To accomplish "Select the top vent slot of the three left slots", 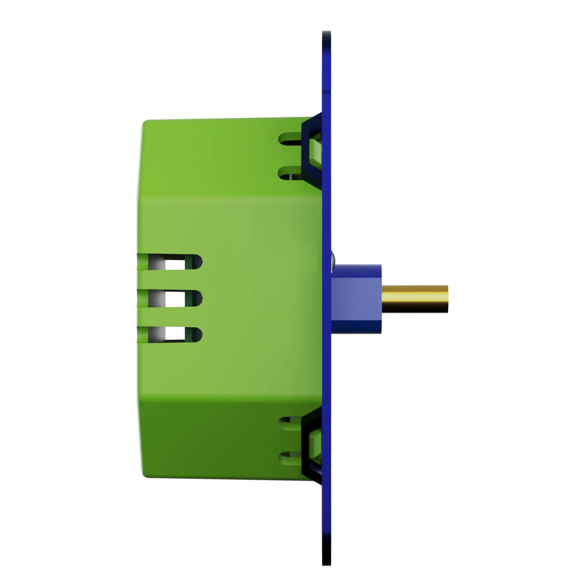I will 171,262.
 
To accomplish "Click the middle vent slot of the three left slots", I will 171,298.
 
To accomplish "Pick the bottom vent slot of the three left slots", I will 171,335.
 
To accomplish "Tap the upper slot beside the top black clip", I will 290,139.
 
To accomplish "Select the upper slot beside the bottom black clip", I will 290,422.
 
